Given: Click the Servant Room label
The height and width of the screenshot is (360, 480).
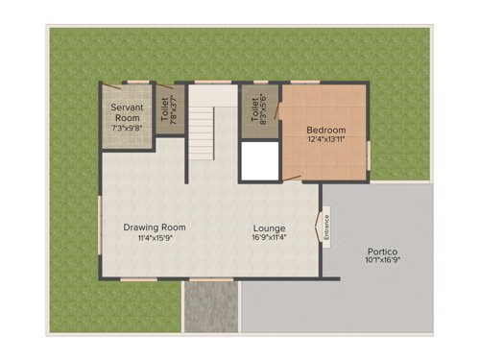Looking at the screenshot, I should (x=127, y=111).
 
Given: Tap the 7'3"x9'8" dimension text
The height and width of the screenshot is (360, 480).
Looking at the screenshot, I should (x=127, y=127).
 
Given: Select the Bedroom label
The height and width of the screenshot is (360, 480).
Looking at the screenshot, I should (x=326, y=131).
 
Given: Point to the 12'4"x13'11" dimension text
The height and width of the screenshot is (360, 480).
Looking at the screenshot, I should (x=326, y=141).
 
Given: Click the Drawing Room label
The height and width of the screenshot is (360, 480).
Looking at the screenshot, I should (x=154, y=228).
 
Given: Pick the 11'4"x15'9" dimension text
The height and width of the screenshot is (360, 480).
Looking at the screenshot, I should (x=154, y=238).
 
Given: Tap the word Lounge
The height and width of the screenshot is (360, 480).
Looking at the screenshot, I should (x=269, y=228).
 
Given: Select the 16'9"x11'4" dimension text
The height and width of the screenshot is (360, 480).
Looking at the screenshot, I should (x=269, y=238).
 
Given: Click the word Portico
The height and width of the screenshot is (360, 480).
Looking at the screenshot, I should (x=381, y=250).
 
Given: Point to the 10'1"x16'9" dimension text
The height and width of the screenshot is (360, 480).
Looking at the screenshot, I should (x=381, y=260).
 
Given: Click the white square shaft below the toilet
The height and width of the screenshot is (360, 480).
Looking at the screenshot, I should (x=257, y=161).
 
